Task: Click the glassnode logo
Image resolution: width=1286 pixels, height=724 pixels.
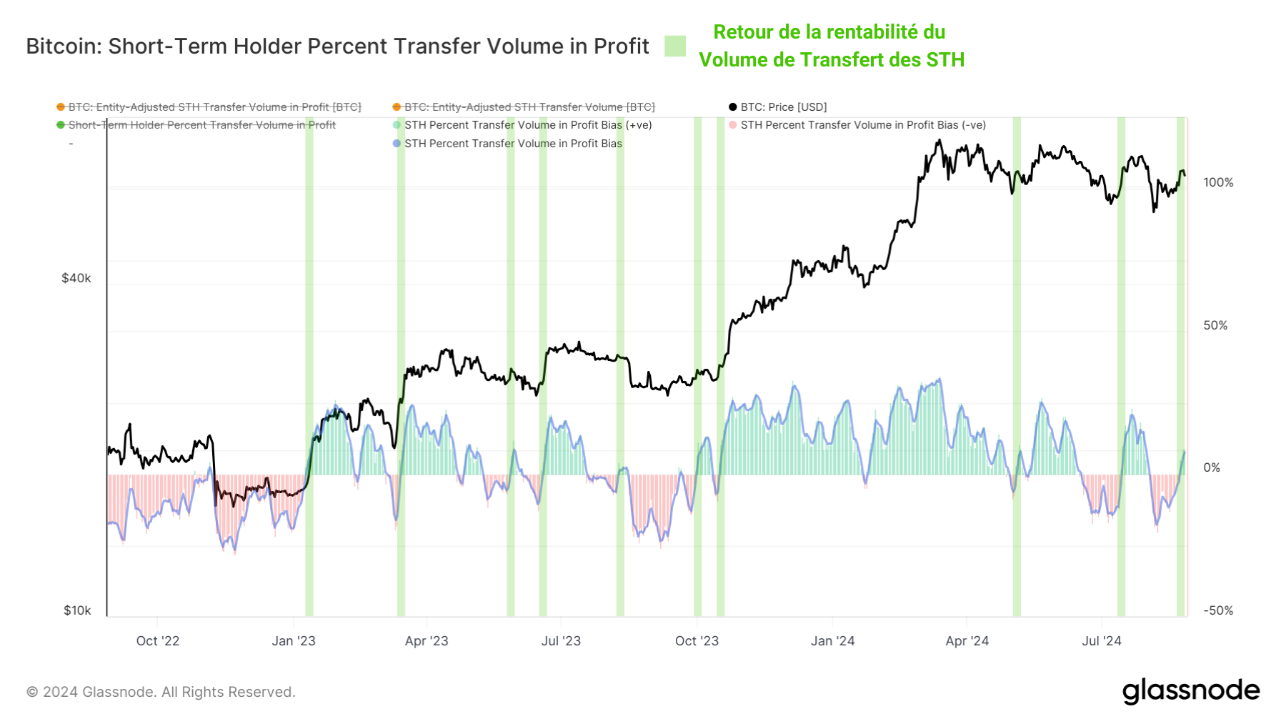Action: tap(1190, 691)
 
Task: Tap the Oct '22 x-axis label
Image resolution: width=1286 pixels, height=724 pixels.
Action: tap(157, 640)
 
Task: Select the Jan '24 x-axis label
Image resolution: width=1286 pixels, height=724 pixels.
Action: tap(832, 640)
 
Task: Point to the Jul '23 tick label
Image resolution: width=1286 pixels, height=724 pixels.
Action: tap(561, 640)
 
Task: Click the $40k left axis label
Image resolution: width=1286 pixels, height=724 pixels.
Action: tap(76, 278)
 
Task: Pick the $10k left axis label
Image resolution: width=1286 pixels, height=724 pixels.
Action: tap(77, 610)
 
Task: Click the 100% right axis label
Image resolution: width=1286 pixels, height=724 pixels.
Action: tap(1218, 182)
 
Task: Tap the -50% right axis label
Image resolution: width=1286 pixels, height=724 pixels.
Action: tap(1218, 610)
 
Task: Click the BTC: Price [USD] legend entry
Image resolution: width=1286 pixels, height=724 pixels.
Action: tap(783, 107)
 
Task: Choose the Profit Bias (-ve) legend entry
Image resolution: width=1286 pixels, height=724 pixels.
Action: tap(862, 125)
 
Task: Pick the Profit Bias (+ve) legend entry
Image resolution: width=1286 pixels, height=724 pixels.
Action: tap(527, 125)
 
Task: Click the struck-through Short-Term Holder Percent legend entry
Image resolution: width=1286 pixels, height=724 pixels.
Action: tap(201, 125)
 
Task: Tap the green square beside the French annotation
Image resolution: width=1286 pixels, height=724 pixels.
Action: tap(674, 46)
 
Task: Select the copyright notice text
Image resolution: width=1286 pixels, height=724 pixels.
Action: tap(161, 692)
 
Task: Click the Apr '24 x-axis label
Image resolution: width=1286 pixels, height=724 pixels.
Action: tap(967, 640)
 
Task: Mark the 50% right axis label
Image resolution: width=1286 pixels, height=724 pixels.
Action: tap(1215, 325)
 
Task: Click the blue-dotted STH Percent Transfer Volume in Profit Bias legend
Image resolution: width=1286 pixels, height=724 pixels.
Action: tap(512, 144)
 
